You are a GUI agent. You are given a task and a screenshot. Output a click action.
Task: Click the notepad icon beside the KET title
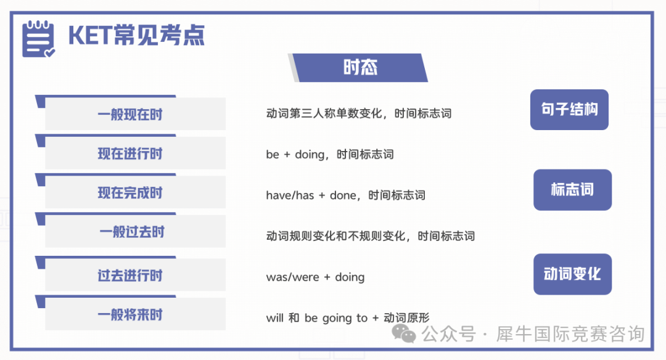pyautogui.click(x=38, y=39)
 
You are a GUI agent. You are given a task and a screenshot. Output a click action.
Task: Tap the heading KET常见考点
pyautogui.click(x=136, y=35)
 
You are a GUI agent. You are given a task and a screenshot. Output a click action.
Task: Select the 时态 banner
pyautogui.click(x=360, y=68)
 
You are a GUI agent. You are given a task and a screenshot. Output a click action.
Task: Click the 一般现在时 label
pyautogui.click(x=130, y=114)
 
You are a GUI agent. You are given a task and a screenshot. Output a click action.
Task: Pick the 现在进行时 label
pyautogui.click(x=130, y=153)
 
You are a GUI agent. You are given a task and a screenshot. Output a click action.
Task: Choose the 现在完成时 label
pyautogui.click(x=130, y=193)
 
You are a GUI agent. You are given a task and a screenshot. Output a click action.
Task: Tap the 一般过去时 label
pyautogui.click(x=132, y=232)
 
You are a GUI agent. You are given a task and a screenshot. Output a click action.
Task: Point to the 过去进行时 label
pyautogui.click(x=130, y=276)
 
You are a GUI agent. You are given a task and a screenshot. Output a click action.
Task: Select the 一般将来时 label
pyautogui.click(x=130, y=314)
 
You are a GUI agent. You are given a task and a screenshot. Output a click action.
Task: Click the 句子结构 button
pyautogui.click(x=569, y=110)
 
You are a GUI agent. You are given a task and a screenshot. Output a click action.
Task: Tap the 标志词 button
pyautogui.click(x=572, y=190)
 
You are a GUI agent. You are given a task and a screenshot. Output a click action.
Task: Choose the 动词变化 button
pyautogui.click(x=572, y=274)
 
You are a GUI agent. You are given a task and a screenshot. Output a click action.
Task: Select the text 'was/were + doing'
pyautogui.click(x=315, y=277)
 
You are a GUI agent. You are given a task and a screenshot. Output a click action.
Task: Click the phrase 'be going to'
pyautogui.click(x=336, y=318)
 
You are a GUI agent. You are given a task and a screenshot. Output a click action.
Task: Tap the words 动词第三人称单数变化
pyautogui.click(x=324, y=113)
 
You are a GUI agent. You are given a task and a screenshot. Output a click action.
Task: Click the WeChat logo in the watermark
pyautogui.click(x=403, y=333)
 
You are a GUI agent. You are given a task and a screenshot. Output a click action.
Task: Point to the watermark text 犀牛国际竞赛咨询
pyautogui.click(x=570, y=334)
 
